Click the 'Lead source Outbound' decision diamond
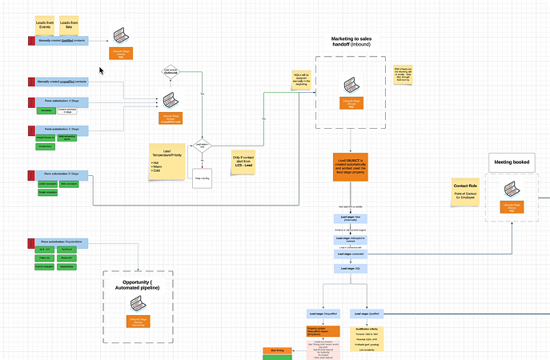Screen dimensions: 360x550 pyautogui.click(x=170, y=73)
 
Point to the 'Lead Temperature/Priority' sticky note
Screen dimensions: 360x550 pyautogui.click(x=171, y=161)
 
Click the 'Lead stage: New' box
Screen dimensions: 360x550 pyautogui.click(x=351, y=218)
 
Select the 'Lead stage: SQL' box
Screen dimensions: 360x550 pyautogui.click(x=351, y=269)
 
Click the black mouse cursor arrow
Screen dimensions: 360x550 pyautogui.click(x=124, y=70)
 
